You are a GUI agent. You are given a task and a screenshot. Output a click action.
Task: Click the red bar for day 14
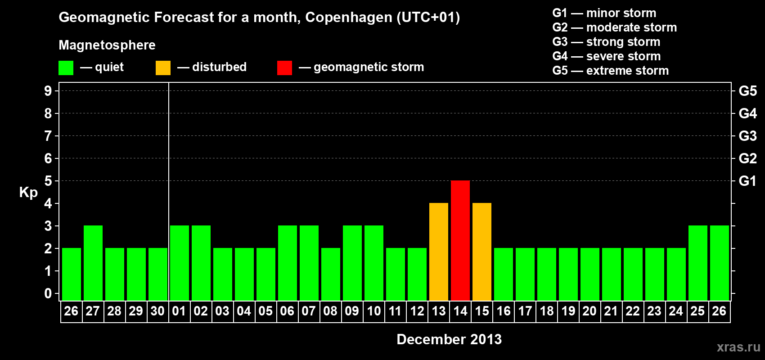(x=460, y=240)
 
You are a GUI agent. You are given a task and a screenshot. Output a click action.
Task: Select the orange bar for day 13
(x=439, y=252)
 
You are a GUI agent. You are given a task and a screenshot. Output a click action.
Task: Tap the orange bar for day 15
(x=482, y=252)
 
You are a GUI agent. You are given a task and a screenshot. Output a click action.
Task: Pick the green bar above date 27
(x=93, y=263)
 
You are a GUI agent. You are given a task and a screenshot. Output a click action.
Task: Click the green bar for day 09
(x=352, y=263)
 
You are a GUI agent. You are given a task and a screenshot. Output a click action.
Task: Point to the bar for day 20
(x=590, y=274)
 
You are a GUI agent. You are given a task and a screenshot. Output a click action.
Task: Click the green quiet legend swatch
(x=66, y=68)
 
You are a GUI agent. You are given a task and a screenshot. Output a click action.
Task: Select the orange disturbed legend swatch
(x=163, y=68)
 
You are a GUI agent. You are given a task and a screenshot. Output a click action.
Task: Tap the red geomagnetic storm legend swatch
(x=284, y=68)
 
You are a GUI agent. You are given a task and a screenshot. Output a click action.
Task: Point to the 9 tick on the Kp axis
(x=48, y=91)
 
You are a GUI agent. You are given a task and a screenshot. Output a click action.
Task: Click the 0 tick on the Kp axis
(x=48, y=293)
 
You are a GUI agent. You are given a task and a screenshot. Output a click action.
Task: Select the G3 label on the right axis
(x=747, y=136)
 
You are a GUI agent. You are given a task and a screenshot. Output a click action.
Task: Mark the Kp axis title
(x=28, y=192)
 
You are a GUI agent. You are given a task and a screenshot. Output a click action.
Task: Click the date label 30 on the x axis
(x=157, y=311)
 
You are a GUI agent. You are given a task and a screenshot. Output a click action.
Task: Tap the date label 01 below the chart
(x=179, y=311)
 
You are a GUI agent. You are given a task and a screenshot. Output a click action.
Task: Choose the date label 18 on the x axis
(x=547, y=311)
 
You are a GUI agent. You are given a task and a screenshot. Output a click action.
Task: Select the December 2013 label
(x=449, y=339)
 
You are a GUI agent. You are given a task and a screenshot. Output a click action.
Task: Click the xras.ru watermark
(x=738, y=347)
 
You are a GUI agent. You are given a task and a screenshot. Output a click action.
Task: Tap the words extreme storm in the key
(x=627, y=71)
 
